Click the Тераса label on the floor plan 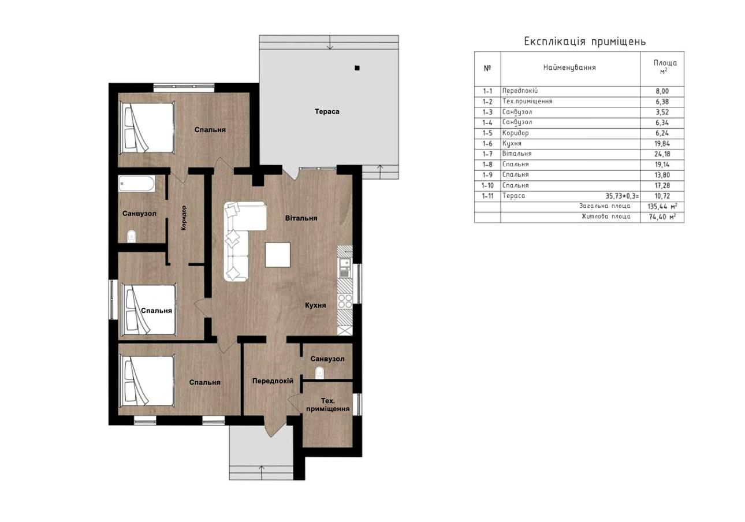click(327, 111)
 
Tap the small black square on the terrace click(357, 68)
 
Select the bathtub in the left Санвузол click(137, 184)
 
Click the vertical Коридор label click(184, 218)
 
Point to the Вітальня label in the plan click(301, 218)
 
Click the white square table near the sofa click(278, 255)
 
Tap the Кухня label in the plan click(316, 305)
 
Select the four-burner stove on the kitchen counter click(345, 301)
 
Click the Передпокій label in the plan click(273, 381)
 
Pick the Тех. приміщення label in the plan click(328, 405)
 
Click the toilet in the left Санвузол click(132, 236)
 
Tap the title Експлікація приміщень click(585, 42)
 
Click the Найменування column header click(570, 68)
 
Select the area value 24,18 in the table click(662, 154)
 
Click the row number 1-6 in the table click(487, 144)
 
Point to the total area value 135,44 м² click(662, 207)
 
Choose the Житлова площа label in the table click(606, 217)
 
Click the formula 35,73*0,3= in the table click(622, 196)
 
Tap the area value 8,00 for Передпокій click(662, 91)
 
